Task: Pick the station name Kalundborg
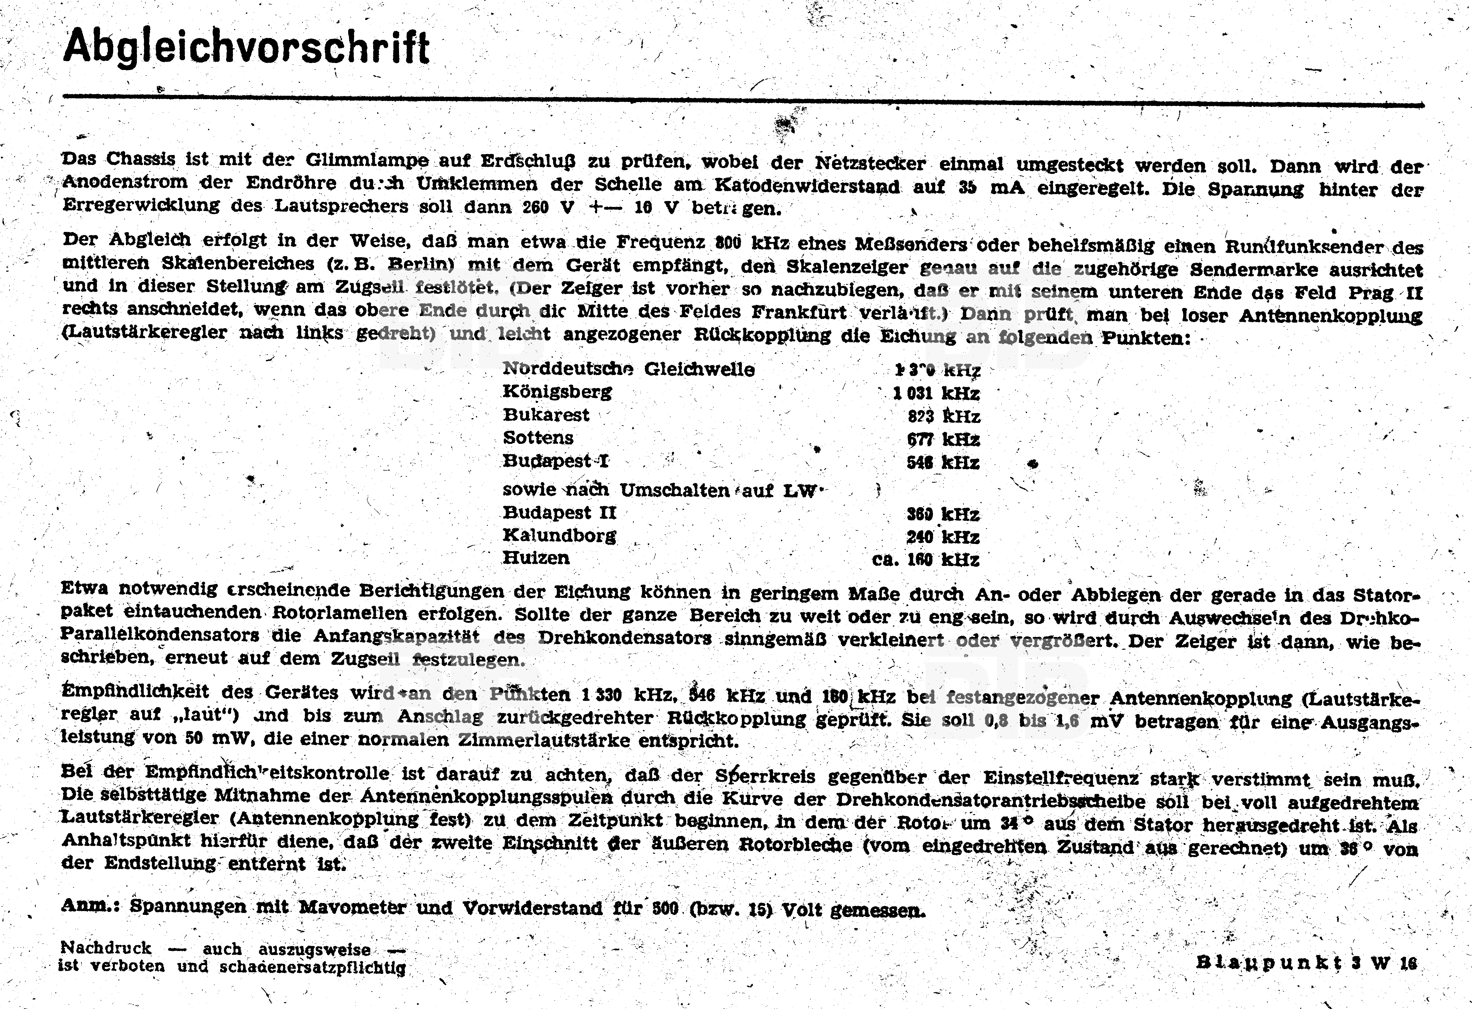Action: [559, 536]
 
